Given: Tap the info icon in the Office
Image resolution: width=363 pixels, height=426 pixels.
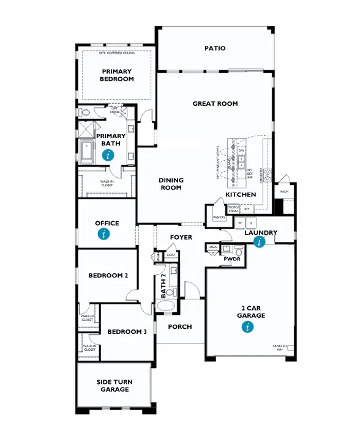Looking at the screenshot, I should (107, 233).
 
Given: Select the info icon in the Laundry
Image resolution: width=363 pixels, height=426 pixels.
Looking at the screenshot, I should (260, 243).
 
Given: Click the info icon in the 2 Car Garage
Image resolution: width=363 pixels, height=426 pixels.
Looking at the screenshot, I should (248, 327).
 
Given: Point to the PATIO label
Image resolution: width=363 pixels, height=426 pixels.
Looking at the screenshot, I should (215, 48).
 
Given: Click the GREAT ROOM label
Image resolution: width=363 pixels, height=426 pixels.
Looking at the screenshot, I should (215, 103).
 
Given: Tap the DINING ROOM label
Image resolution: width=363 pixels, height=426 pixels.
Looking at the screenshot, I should (171, 184).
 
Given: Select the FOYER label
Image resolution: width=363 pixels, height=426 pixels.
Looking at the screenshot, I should (182, 237).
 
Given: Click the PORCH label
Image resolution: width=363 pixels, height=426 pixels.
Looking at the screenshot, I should (180, 327).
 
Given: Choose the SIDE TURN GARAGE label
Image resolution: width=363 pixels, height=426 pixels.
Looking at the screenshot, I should (114, 386).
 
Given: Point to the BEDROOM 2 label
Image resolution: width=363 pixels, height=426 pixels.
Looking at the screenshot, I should (108, 276).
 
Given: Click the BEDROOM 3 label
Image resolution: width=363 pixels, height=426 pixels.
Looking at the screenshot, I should (127, 332).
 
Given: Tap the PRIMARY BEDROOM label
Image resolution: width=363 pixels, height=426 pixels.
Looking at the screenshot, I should (118, 75).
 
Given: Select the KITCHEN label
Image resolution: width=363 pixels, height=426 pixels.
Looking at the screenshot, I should (241, 194).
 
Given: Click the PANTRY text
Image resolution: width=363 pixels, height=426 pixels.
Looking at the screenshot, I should (219, 218).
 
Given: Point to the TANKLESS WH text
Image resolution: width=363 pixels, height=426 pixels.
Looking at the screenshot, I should (280, 348).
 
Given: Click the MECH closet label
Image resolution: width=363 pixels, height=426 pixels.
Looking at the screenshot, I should (284, 191).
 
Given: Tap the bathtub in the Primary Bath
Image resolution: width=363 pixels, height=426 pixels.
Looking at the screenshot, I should (86, 151).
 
